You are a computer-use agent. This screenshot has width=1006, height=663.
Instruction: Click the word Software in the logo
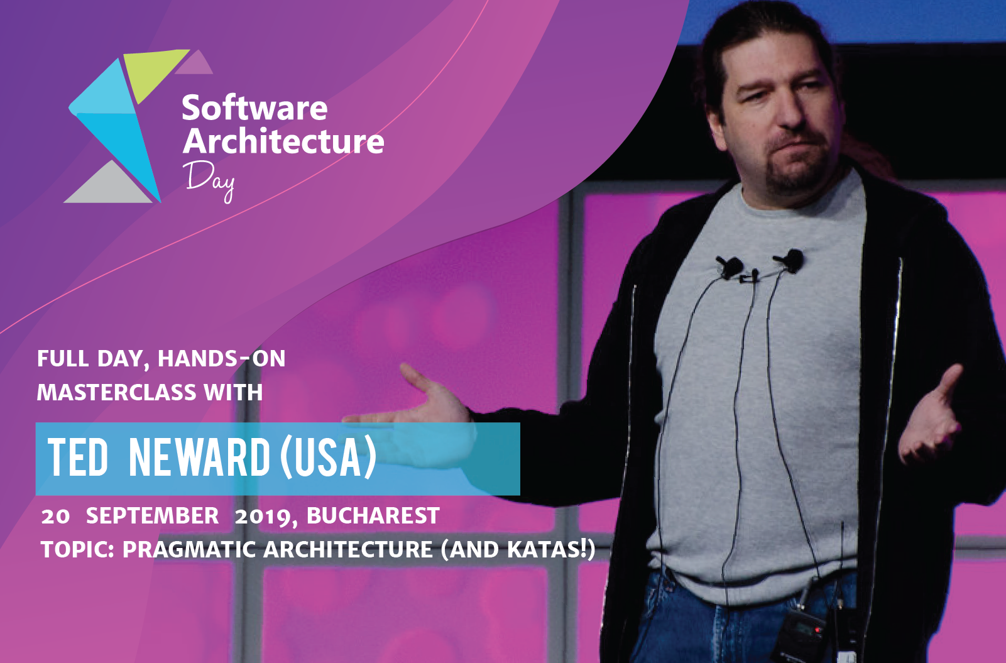pos(254,109)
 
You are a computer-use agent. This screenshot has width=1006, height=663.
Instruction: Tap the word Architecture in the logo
pos(283,141)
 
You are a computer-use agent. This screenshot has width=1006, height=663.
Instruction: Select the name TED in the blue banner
pos(78,458)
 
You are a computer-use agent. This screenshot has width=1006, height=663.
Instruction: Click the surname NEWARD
pos(199,458)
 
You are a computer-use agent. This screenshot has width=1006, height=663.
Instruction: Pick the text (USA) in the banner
pos(328,458)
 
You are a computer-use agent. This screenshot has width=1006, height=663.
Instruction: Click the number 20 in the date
pos(55,517)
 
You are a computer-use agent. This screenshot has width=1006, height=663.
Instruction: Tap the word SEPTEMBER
pos(152,516)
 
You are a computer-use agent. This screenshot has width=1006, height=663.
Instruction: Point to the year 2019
pos(262,517)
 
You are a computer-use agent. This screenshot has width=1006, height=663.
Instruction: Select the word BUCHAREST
pos(373,516)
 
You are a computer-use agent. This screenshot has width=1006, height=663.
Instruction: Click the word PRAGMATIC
pos(189,550)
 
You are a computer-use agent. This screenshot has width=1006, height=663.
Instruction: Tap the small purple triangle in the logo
pos(195,63)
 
